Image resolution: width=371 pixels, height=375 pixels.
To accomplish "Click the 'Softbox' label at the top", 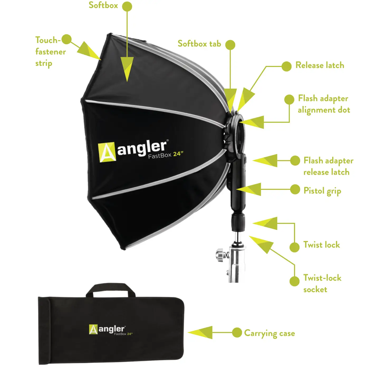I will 103,5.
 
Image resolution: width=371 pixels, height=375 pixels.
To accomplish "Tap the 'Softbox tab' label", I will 199,44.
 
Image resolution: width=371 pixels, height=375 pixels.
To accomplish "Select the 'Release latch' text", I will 320,65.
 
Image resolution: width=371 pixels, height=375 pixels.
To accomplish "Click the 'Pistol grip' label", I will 322,191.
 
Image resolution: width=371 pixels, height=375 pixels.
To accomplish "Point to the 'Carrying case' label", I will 269,333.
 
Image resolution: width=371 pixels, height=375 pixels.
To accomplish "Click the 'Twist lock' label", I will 321,245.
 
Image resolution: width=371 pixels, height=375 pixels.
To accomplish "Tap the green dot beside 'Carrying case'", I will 237,333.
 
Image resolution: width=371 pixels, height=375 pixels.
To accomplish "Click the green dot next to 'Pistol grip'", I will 295,189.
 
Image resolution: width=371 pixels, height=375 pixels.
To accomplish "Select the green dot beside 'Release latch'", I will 286,66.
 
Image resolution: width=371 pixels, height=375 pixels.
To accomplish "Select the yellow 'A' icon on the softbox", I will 107,152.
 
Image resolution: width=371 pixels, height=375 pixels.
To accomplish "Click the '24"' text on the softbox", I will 178,154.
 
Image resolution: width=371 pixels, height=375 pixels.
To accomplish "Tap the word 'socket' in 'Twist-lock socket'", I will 315,290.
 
